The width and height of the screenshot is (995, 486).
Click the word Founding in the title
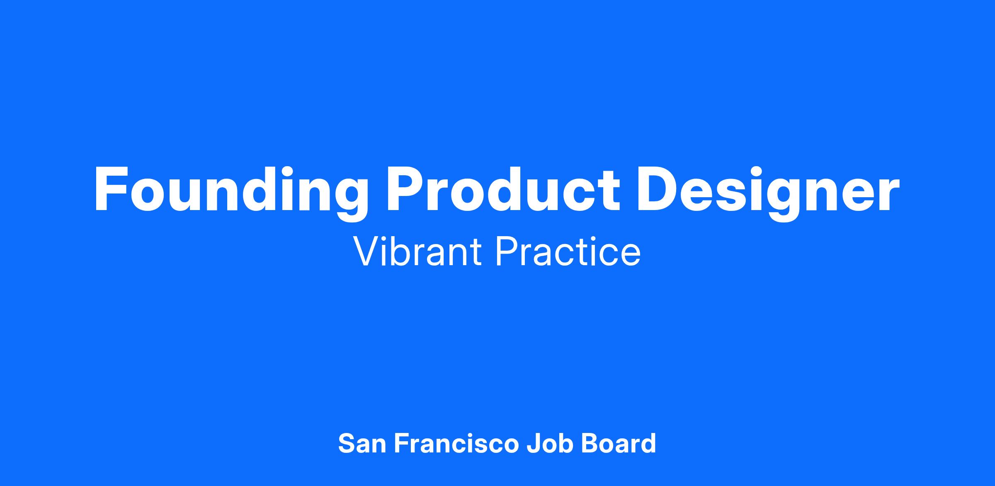[231, 193]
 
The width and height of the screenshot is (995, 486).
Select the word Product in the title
[503, 189]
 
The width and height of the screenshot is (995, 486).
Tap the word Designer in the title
[768, 193]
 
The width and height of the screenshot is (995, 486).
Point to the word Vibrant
[417, 251]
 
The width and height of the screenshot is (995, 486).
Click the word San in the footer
[362, 443]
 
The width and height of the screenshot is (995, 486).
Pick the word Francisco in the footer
[456, 443]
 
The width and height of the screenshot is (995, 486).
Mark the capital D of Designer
[657, 189]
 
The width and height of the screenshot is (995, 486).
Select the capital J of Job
[533, 444]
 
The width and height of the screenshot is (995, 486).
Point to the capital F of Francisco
[401, 444]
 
